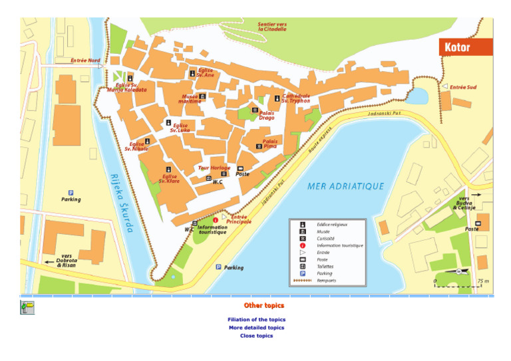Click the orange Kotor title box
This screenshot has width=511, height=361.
pyautogui.click(x=465, y=47)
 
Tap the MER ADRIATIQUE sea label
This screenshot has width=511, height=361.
pyautogui.click(x=345, y=187)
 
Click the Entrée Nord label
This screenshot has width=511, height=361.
pyautogui.click(x=85, y=60)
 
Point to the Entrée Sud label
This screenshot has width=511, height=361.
pyautogui.click(x=463, y=87)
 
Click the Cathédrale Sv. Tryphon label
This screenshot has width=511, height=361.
pyautogui.click(x=295, y=98)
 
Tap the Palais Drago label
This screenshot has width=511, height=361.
pyautogui.click(x=266, y=116)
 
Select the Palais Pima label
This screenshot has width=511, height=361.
pyautogui.click(x=270, y=144)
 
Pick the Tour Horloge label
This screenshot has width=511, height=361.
pyautogui.click(x=214, y=168)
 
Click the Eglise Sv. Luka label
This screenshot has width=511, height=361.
pyautogui.click(x=180, y=128)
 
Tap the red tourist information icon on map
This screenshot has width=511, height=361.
pyautogui.click(x=215, y=219)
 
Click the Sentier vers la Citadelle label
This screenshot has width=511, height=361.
pyautogui.click(x=272, y=27)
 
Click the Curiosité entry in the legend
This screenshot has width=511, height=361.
pyautogui.click(x=326, y=239)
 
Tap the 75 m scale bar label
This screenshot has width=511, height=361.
pyautogui.click(x=482, y=281)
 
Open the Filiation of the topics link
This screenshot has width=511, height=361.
pyautogui.click(x=256, y=320)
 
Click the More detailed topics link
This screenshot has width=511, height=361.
pyautogui.click(x=256, y=328)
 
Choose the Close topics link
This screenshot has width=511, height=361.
pyautogui.click(x=256, y=336)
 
